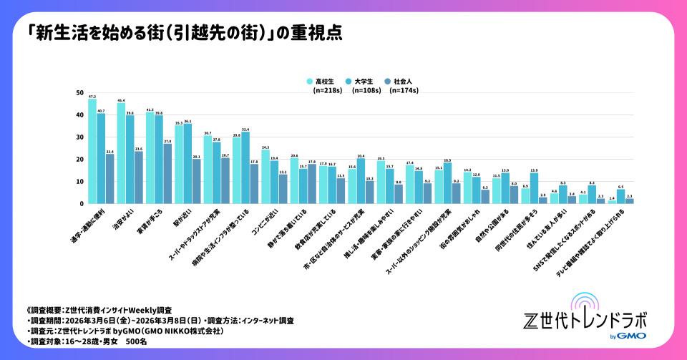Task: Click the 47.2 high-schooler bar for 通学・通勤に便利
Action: [x=92, y=151]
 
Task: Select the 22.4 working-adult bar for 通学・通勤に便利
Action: [x=109, y=179]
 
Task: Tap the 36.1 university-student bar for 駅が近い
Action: [x=187, y=164]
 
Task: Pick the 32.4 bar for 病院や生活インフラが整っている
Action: [x=245, y=167]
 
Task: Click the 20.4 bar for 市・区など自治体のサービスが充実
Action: [x=361, y=181]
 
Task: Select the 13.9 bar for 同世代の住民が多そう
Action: [x=534, y=188]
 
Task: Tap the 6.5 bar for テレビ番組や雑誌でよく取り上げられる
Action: [x=620, y=197]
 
